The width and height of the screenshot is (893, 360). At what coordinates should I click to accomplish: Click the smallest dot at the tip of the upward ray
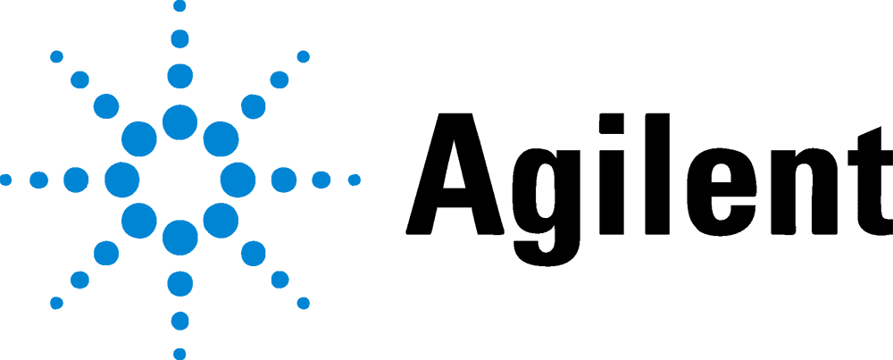179,6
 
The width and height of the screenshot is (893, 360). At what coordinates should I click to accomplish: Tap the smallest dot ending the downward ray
179,353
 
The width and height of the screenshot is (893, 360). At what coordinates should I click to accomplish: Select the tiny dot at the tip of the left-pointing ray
5,180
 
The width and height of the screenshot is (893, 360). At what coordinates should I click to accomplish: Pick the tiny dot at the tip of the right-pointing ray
354,180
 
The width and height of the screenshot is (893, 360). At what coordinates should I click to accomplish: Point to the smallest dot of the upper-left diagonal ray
56,56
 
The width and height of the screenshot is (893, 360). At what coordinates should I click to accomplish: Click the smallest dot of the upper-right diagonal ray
303,56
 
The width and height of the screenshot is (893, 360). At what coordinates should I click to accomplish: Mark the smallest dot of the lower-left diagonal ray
56,303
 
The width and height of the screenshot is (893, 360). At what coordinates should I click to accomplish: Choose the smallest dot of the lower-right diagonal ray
303,303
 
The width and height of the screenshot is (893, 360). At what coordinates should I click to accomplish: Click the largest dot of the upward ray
179,121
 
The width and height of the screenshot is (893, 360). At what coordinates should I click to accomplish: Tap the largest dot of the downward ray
179,238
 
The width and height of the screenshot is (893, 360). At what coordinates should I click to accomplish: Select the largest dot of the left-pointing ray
121,180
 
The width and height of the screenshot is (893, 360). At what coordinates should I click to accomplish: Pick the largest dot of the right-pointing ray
238,180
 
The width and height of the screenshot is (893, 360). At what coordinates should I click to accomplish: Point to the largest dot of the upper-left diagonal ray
138,138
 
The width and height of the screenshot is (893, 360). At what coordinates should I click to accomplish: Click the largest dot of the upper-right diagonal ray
221,138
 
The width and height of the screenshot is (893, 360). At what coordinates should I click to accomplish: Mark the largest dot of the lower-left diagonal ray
138,221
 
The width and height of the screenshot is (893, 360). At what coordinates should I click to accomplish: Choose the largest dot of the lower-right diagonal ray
221,221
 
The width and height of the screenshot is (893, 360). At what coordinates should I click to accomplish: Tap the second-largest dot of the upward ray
179,76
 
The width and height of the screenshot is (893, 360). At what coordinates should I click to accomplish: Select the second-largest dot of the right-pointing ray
284,180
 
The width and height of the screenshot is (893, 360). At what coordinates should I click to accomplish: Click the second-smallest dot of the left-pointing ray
38,180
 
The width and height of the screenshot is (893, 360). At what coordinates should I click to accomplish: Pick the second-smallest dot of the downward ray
179,321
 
